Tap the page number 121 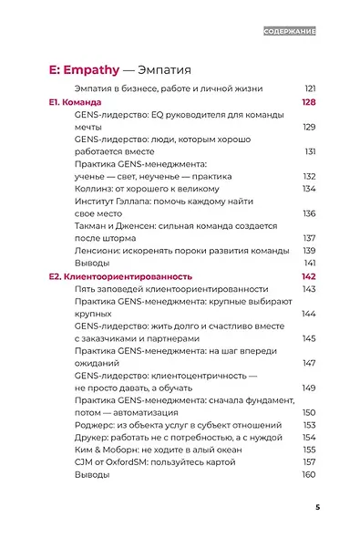pyautogui.click(x=309, y=88)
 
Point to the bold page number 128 pyautogui.click(x=308, y=105)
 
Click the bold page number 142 pyautogui.click(x=308, y=275)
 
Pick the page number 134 pyautogui.click(x=309, y=189)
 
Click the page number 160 pyautogui.click(x=309, y=475)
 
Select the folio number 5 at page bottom pyautogui.click(x=316, y=507)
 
